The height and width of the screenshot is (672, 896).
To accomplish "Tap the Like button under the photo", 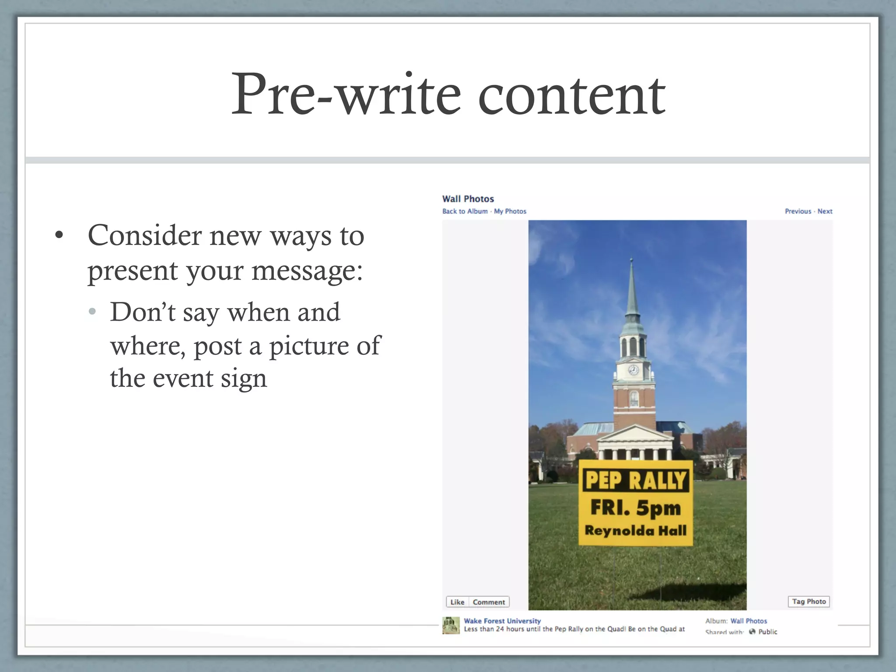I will pyautogui.click(x=457, y=602).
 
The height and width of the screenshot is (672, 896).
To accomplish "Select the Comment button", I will pyautogui.click(x=489, y=602).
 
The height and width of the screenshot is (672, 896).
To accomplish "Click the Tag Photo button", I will pyautogui.click(x=809, y=602).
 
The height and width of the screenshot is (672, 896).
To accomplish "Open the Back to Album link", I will pyautogui.click(x=465, y=211).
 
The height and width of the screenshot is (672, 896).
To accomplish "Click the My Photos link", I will pyautogui.click(x=510, y=211).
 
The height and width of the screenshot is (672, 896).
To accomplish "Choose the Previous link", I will pyautogui.click(x=798, y=211).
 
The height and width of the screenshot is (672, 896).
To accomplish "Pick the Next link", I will pyautogui.click(x=825, y=211).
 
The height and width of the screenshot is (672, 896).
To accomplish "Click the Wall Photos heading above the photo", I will pyautogui.click(x=468, y=199).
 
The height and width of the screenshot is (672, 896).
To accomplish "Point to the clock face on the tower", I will pyautogui.click(x=633, y=370).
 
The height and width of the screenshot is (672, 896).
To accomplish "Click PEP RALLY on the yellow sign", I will pyautogui.click(x=636, y=480).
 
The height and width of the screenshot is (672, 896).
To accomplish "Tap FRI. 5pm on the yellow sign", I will pyautogui.click(x=636, y=508).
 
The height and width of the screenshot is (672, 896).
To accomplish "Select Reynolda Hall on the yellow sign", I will pyautogui.click(x=636, y=531).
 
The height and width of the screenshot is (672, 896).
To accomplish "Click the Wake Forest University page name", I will pyautogui.click(x=502, y=621).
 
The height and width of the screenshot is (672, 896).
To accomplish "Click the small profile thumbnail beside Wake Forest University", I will pyautogui.click(x=451, y=626).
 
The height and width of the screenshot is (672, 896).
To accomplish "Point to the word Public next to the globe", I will pyautogui.click(x=768, y=632).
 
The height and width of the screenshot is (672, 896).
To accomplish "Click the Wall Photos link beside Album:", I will pyautogui.click(x=749, y=621).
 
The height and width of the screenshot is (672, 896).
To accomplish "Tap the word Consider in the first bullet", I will pyautogui.click(x=144, y=236).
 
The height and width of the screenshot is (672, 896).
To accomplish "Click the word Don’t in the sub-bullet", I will pyautogui.click(x=143, y=312).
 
